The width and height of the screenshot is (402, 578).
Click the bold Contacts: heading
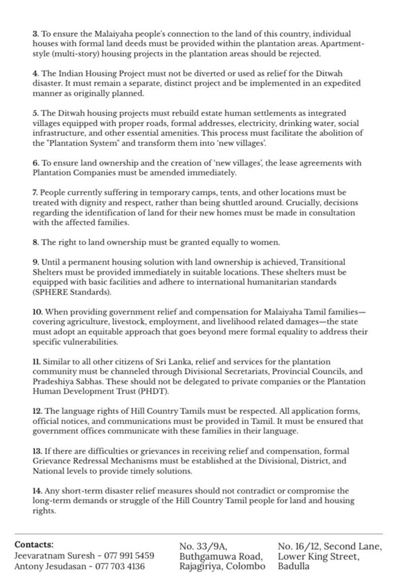point(33,545)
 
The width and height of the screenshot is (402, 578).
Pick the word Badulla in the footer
point(294,566)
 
